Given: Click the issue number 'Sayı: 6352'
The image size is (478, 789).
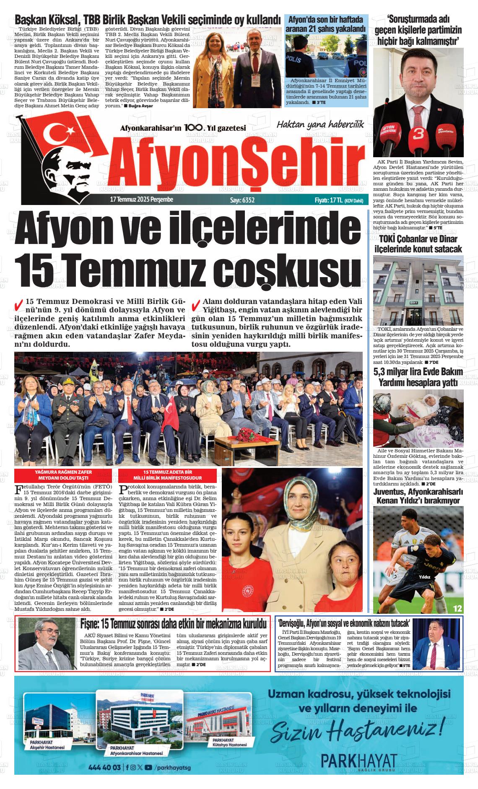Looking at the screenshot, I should [242, 200].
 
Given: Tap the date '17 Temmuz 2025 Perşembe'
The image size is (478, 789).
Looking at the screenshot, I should [141, 200].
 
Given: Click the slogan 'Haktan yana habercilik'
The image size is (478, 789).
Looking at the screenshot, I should [319, 125].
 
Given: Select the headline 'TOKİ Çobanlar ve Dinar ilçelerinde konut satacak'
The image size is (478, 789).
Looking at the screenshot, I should [418, 244].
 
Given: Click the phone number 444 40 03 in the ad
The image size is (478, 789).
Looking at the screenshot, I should [105, 768].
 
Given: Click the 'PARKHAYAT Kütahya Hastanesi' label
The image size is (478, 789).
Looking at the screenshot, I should [229, 742].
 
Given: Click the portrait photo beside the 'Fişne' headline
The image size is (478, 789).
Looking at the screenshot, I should [47, 649].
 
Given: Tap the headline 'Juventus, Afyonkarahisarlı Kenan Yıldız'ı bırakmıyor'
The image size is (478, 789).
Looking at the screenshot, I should [418, 496].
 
